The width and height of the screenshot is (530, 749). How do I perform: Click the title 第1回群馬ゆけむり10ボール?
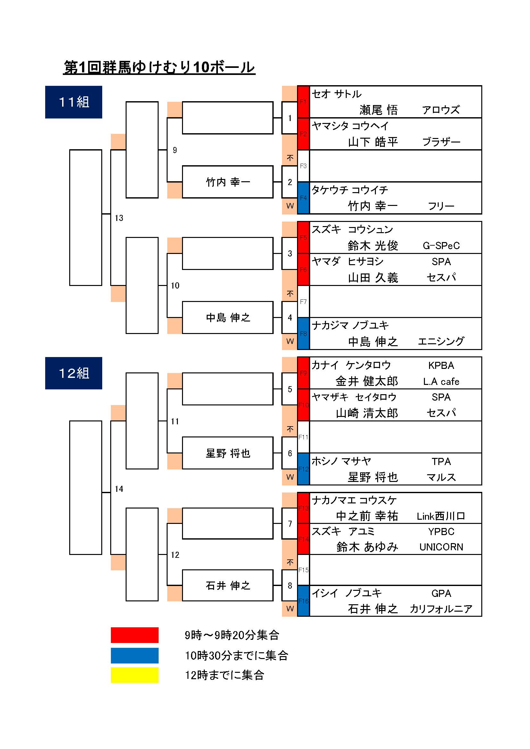click(x=159, y=68)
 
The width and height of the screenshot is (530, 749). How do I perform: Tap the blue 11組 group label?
click(x=73, y=102)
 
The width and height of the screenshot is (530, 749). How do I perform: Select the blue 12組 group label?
click(x=73, y=373)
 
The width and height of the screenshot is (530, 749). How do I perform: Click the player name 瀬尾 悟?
click(x=378, y=110)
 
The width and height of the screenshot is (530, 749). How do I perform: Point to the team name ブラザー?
click(x=441, y=142)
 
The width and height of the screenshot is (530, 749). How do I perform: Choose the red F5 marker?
click(x=303, y=238)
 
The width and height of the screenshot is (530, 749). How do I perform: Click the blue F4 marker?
click(x=303, y=198)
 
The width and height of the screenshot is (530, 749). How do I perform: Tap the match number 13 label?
click(x=119, y=218)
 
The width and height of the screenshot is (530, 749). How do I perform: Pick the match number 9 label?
click(x=175, y=150)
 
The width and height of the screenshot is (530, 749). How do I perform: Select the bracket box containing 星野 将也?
click(x=228, y=453)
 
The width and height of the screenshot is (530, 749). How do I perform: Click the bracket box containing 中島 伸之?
click(x=228, y=317)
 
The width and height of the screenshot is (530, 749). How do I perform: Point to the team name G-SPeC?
click(x=441, y=246)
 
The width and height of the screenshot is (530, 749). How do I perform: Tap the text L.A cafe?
click(x=441, y=381)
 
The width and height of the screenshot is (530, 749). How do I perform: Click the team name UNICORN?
click(x=441, y=547)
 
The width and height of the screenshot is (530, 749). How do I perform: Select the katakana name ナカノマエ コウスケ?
click(x=354, y=500)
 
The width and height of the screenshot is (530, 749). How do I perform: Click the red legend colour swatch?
click(x=135, y=635)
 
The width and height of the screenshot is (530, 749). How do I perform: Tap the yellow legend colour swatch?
click(x=135, y=675)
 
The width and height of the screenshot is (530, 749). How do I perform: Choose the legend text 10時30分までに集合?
click(x=236, y=655)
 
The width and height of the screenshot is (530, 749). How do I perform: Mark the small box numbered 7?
click(x=290, y=524)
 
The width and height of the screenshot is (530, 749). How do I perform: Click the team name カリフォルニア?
click(x=441, y=609)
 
